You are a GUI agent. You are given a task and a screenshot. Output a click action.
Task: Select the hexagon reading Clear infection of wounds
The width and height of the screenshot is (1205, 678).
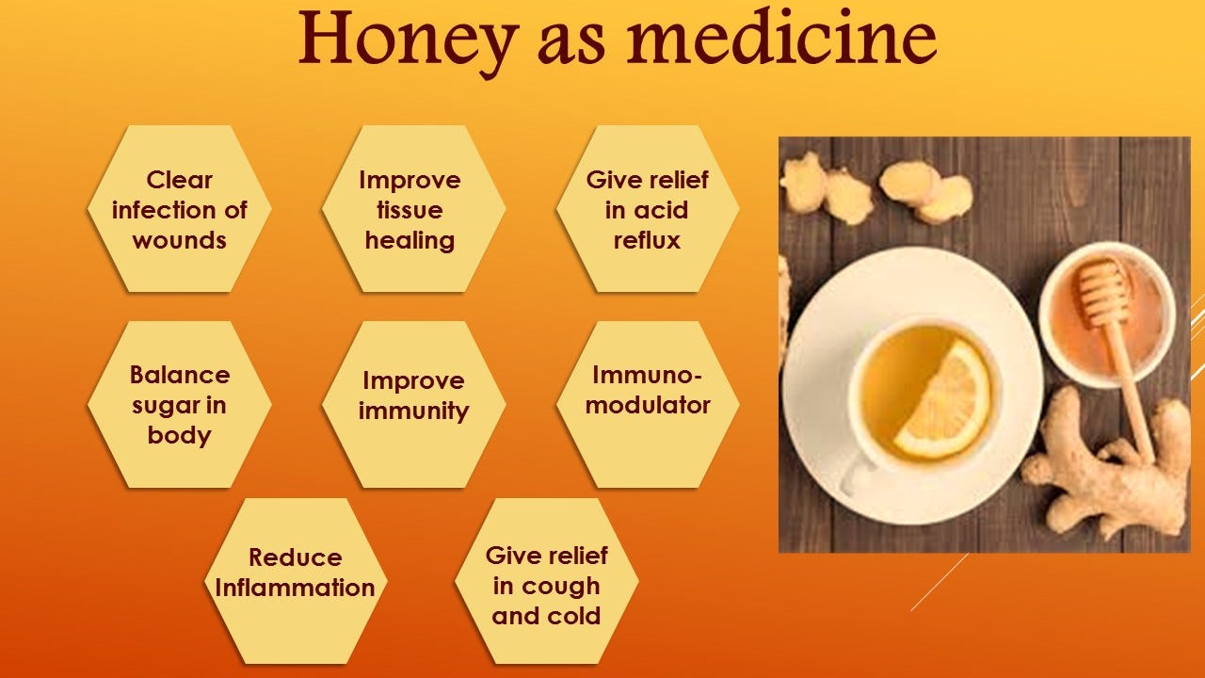coord(179,209)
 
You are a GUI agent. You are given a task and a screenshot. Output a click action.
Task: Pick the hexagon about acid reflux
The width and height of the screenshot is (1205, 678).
coord(647,209)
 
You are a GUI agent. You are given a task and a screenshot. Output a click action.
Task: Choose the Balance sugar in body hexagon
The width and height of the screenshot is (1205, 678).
coord(179,405)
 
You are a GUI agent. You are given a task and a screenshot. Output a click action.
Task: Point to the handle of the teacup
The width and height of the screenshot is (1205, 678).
coord(857,476)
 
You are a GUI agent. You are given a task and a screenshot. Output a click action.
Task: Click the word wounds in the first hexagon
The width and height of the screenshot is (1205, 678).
coord(179,240)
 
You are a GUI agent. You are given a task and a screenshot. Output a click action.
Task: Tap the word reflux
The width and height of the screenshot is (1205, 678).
coord(647,240)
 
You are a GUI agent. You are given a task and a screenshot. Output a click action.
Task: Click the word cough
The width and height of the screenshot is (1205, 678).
coord(559,587)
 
